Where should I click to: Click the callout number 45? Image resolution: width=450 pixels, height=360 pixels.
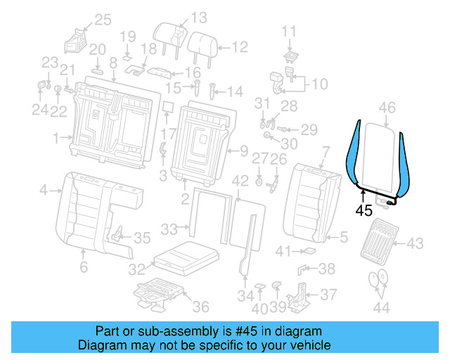click(364, 210)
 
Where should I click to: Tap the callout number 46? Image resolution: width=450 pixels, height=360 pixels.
click(387, 108)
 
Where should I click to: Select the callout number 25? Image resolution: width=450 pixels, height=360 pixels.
click(103, 20)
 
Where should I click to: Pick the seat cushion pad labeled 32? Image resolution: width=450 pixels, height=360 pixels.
click(183, 257)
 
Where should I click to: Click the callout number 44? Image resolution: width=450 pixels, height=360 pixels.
click(381, 307)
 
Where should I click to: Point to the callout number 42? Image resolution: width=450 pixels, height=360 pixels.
click(240, 181)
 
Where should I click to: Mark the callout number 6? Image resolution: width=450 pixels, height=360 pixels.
click(83, 266)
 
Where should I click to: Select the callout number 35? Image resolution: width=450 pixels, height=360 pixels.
click(143, 237)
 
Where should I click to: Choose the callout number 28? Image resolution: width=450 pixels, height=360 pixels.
click(290, 105)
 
